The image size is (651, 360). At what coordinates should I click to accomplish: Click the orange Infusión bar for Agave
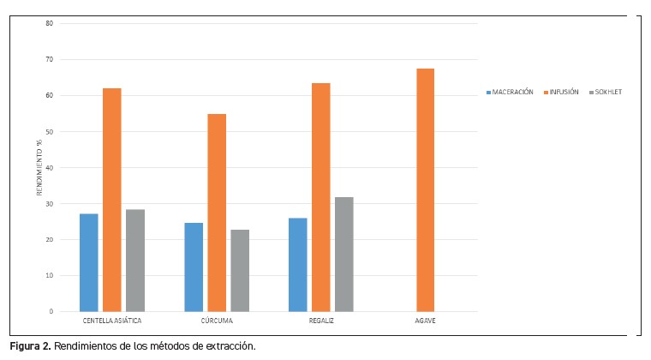point(425,189)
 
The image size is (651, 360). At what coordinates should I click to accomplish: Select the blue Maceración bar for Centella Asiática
point(89,261)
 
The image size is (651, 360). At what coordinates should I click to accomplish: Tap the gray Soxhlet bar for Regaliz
point(343,254)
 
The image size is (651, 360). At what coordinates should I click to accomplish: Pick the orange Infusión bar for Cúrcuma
point(217,212)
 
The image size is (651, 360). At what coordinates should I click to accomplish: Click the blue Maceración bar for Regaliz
point(297,264)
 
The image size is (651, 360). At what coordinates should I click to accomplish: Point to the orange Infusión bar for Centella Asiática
point(112,199)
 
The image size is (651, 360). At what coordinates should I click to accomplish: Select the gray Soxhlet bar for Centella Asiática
point(135,260)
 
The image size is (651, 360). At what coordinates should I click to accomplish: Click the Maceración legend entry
point(512,92)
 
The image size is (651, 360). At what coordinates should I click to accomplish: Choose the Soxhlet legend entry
point(607,92)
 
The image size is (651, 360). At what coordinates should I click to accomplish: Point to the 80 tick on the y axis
point(50,23)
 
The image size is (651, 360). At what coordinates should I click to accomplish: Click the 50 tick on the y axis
point(50,131)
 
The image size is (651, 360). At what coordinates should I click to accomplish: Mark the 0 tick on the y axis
point(51,311)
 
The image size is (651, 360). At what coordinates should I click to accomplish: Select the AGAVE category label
point(425,321)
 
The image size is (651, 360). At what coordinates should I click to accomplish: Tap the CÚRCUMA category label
point(216,321)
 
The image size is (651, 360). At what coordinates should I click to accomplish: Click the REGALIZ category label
point(320,321)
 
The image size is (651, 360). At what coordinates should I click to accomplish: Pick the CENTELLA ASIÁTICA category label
point(112,321)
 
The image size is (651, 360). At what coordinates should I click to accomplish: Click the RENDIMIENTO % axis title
point(39,167)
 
